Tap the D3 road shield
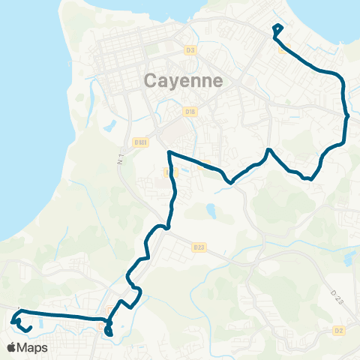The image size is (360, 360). point(189,50)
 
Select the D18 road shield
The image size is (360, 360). point(190,112)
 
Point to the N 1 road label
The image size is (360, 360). point(120,158)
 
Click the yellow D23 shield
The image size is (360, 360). point(198,247)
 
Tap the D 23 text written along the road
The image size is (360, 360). point(335,295)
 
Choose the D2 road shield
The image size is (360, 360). point(339,330)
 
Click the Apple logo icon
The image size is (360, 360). point(11,347)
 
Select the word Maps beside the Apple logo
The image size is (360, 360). point(33,347)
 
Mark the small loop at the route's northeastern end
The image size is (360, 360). point(277,30)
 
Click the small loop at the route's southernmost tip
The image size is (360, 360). point(109,331)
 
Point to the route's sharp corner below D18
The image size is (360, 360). point(170,153)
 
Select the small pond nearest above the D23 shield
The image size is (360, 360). point(211,212)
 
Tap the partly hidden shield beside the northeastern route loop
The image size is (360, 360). point(282,49)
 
